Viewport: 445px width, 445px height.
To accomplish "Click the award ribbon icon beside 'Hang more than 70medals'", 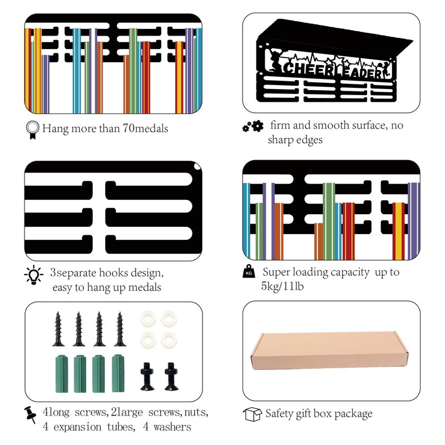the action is click(x=32, y=129).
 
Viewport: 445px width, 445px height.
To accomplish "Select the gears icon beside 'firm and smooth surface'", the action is click(x=253, y=127).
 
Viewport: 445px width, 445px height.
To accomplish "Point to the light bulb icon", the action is click(x=33, y=275).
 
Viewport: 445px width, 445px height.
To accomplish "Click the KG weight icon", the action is click(x=249, y=273).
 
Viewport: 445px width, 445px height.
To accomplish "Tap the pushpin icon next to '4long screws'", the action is click(x=31, y=414).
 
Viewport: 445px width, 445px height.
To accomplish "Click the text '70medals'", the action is click(x=144, y=129).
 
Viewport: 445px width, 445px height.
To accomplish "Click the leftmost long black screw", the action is click(x=58, y=329).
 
